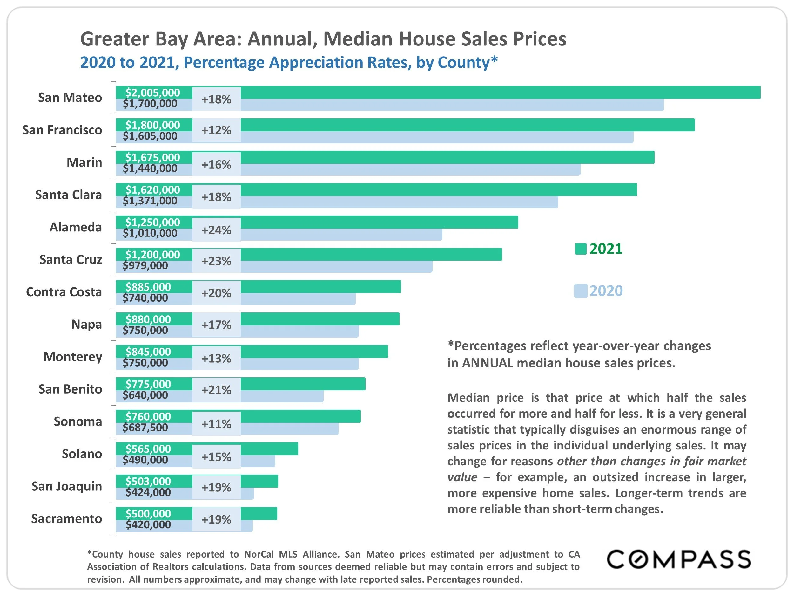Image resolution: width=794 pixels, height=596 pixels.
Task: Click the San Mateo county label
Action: point(70,98)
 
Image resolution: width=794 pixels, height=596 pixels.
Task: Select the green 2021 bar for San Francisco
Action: point(467,125)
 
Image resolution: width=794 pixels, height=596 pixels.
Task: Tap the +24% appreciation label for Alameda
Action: point(216,230)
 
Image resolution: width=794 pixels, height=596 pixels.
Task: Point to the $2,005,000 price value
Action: point(152,93)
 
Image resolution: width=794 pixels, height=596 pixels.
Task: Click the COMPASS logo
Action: point(678,559)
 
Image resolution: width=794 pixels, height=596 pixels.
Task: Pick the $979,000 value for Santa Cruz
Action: point(145,265)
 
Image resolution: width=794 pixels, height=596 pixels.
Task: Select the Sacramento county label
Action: point(66,519)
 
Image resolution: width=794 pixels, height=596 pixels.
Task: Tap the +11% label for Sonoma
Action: point(216,424)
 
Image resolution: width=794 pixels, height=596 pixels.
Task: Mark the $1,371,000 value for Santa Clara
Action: point(150,201)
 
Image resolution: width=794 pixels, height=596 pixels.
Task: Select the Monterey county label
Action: point(72,357)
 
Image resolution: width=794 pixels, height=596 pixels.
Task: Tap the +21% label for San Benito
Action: point(216,390)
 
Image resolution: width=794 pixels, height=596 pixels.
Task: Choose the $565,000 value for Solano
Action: point(148,449)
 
